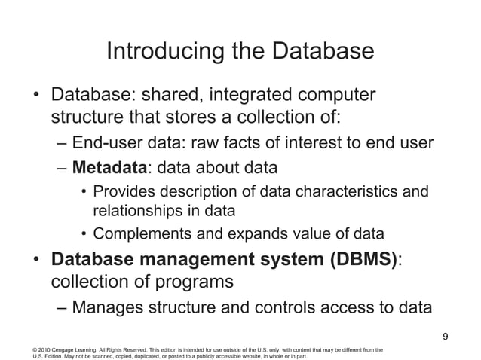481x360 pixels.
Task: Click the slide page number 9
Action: [x=446, y=336]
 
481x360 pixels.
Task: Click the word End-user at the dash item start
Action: [x=103, y=143]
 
